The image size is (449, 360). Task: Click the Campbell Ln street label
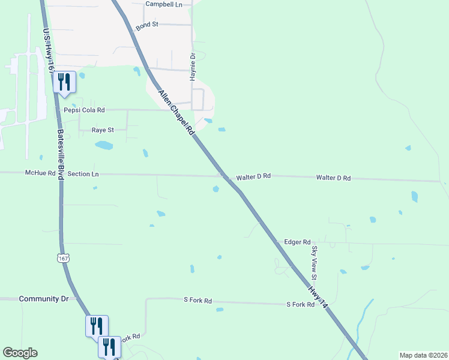tap(163, 4)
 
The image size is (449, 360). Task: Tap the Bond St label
tap(146, 26)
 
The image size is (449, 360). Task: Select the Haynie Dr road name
tap(193, 64)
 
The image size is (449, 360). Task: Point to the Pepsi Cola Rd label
tap(84, 110)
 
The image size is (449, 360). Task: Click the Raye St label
tap(102, 130)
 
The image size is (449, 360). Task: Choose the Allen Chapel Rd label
tap(177, 113)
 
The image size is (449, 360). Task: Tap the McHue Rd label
tap(40, 173)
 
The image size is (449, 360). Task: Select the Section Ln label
tap(83, 173)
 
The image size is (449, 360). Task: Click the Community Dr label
tap(44, 299)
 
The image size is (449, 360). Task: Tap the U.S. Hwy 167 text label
tap(50, 50)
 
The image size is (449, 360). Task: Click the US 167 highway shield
tap(63, 258)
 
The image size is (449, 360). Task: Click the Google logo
tap(20, 353)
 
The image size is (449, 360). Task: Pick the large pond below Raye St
tap(104, 145)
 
